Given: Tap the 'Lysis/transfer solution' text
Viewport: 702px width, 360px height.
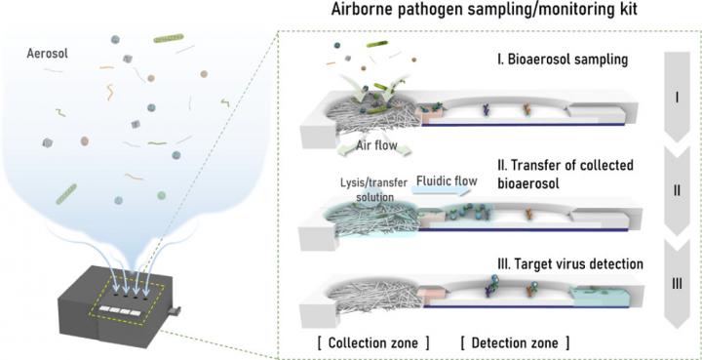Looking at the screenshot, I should (x=368, y=189).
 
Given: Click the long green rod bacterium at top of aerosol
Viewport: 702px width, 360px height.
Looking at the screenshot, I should (x=173, y=41).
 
